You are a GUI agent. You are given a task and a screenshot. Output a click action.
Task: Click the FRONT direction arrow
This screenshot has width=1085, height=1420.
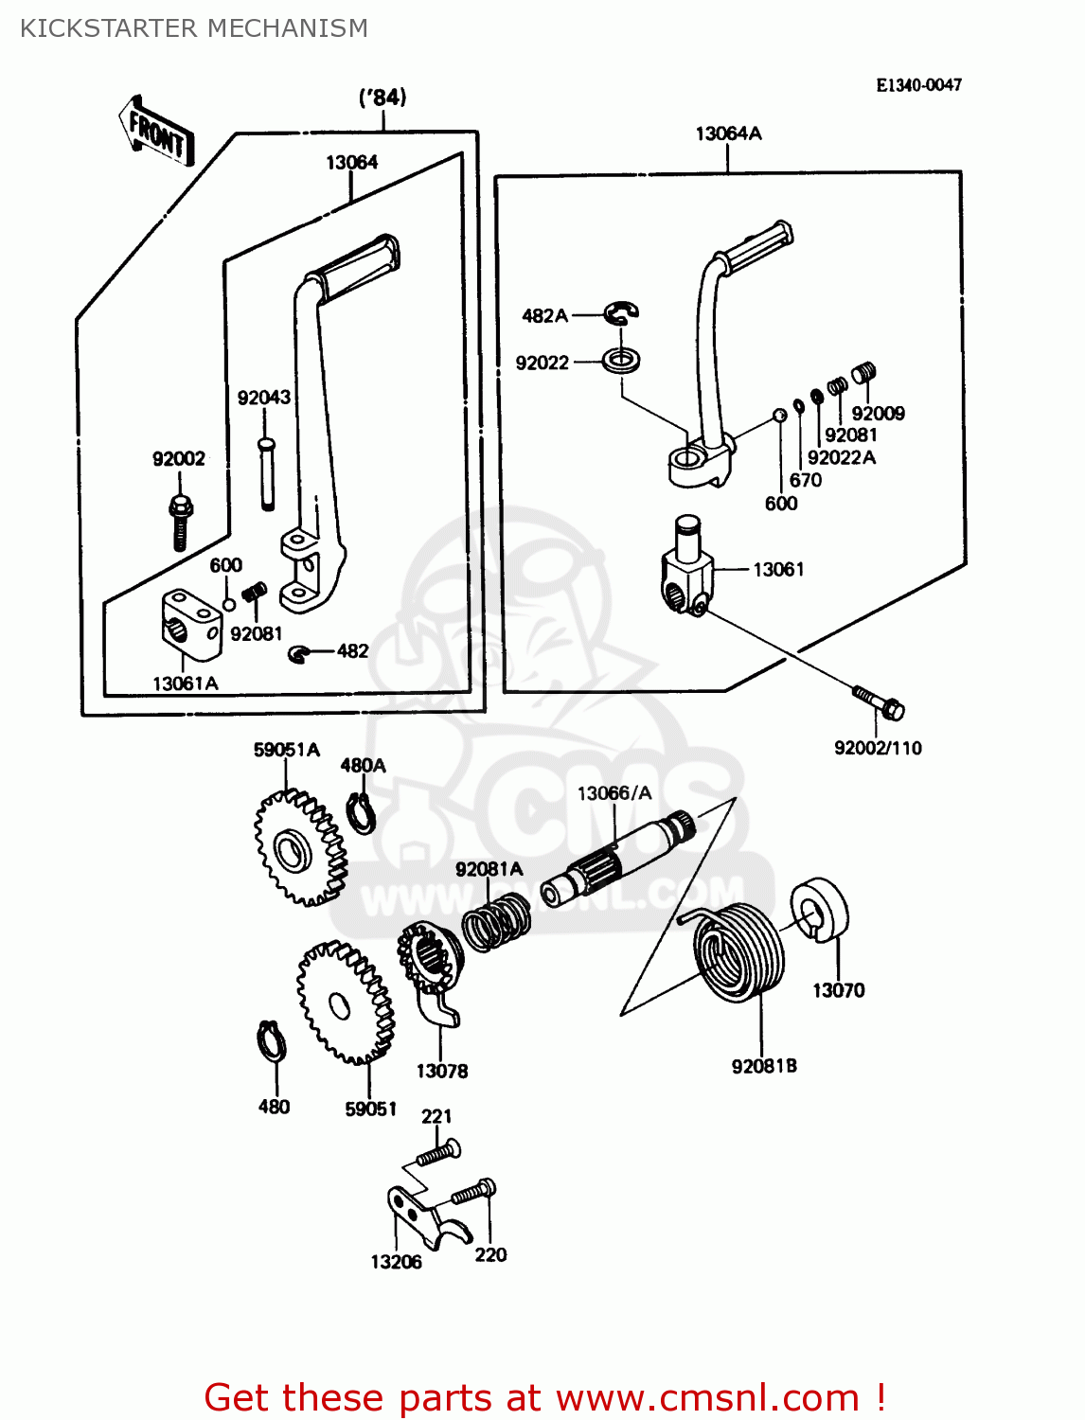(156, 132)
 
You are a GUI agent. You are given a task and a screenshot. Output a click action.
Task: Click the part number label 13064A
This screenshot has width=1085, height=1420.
(728, 133)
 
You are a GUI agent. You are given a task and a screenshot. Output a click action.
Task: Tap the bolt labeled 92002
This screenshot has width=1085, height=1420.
(180, 520)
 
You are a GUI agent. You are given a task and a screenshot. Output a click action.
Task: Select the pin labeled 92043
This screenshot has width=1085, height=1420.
(267, 472)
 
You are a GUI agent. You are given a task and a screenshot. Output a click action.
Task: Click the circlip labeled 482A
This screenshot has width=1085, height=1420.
(621, 312)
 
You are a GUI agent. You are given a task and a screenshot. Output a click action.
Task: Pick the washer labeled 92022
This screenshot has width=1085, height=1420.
(622, 361)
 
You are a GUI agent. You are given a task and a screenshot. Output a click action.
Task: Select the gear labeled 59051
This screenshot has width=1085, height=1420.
(344, 1003)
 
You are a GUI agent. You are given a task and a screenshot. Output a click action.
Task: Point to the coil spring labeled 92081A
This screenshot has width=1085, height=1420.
(496, 923)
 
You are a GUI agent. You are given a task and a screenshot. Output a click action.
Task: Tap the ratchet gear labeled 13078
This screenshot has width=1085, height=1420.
(431, 970)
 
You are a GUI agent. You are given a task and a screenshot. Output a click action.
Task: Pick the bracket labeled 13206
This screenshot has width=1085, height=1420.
(421, 1217)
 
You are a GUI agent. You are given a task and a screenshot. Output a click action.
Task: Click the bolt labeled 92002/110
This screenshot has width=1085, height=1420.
(880, 701)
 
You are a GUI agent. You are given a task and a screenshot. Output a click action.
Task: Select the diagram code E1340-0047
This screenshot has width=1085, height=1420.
(918, 85)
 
